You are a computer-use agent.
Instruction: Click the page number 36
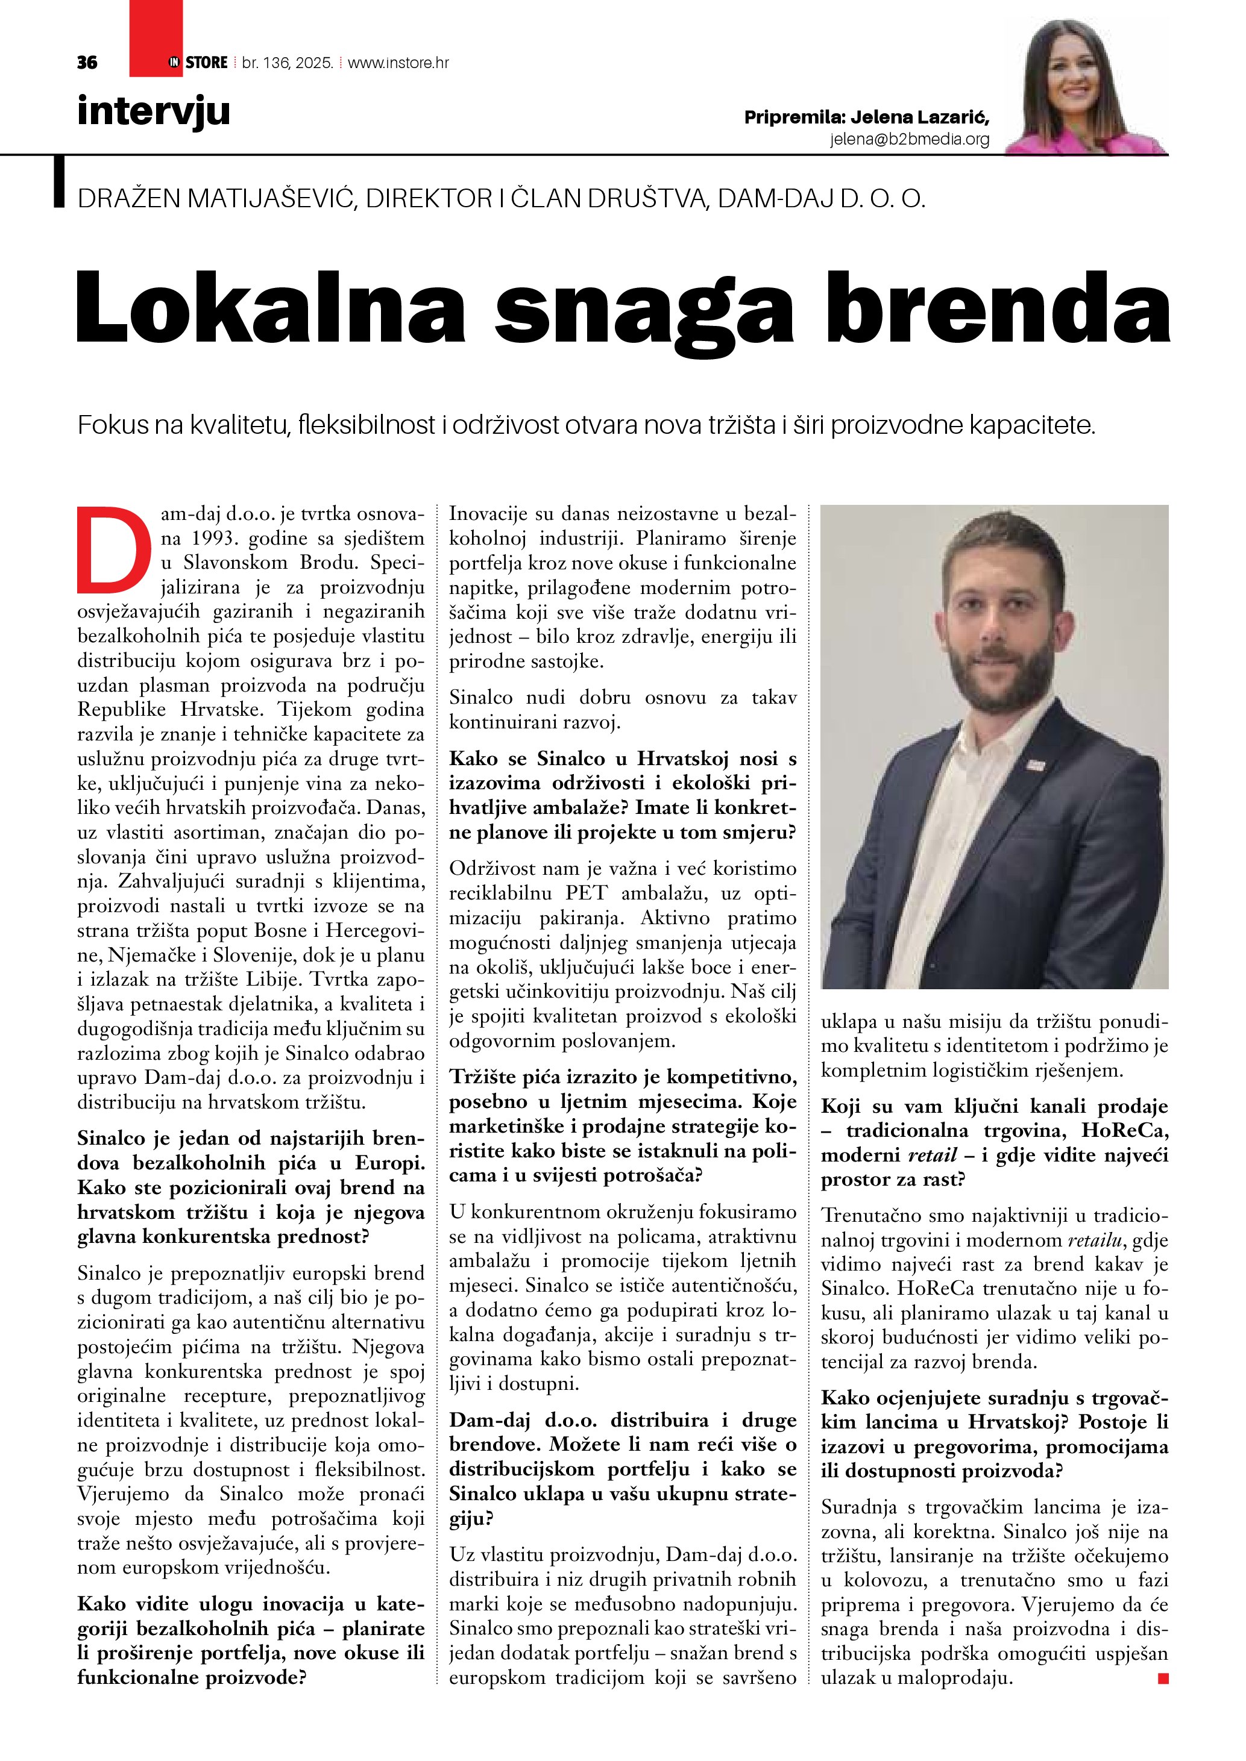87,63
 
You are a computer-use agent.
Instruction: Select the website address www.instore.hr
398,63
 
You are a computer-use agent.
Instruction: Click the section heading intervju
154,111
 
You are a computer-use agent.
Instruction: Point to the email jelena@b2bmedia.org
909,140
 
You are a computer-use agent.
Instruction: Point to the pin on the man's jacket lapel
1036,765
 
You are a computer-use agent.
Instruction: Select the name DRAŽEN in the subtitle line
128,199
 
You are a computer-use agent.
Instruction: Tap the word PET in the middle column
587,893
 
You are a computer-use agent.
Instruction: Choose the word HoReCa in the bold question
1125,1131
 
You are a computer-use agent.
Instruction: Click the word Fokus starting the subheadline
113,425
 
